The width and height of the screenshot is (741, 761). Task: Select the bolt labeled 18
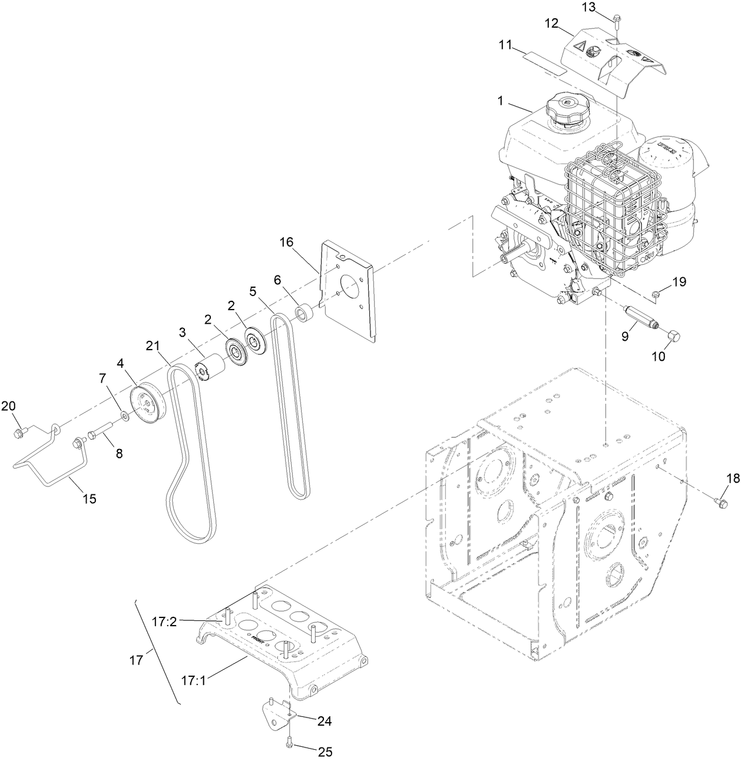click(x=720, y=501)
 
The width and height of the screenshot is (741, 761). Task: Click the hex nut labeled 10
click(x=675, y=337)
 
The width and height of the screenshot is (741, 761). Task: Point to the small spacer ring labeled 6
click(x=305, y=313)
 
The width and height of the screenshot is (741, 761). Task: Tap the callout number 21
click(x=153, y=347)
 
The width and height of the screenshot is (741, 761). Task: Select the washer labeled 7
click(x=125, y=417)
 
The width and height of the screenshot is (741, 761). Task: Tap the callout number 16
click(x=286, y=242)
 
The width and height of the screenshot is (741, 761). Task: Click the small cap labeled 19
click(x=656, y=293)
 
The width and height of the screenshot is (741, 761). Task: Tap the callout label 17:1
click(x=193, y=680)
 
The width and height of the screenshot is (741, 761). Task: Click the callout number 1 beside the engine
click(x=500, y=101)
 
